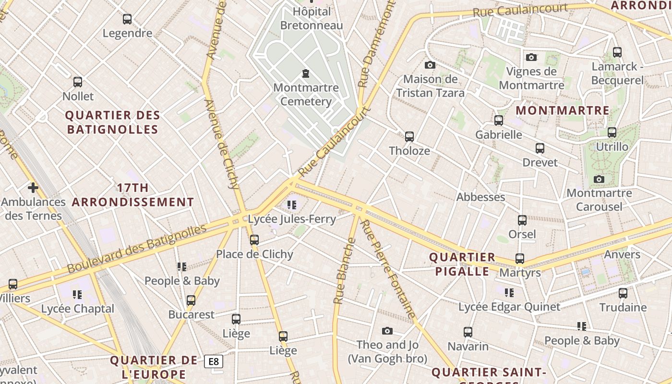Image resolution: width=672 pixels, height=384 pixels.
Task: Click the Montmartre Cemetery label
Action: click(306, 95)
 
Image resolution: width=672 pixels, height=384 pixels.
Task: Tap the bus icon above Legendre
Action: click(127, 19)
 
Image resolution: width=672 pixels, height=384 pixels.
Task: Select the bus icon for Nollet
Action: click(78, 82)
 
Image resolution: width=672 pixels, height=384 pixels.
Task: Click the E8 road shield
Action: click(214, 361)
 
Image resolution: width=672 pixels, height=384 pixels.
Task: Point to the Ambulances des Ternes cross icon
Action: click(33, 188)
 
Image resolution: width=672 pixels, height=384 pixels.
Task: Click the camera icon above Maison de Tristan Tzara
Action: click(430, 65)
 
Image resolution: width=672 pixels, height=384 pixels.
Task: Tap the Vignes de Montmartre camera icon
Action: click(531, 58)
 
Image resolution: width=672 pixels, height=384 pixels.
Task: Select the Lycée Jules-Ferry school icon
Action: click(292, 205)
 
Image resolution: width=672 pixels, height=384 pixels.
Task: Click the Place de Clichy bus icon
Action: click(254, 240)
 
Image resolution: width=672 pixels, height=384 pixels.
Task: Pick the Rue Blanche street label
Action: click(345, 271)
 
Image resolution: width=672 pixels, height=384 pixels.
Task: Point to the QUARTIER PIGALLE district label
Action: click(462, 264)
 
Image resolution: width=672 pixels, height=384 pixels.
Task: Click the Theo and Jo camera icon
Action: click(387, 331)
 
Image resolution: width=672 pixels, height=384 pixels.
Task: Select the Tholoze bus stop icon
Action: click(409, 137)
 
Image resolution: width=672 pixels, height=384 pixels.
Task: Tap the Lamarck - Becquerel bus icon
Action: click(617, 52)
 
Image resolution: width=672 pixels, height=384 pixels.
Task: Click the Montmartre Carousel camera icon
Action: click(599, 180)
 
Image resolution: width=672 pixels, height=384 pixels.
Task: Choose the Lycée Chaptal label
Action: click(78, 309)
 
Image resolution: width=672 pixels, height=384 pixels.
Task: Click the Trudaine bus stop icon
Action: click(623, 293)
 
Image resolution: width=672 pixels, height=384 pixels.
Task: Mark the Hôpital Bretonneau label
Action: click(312, 18)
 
